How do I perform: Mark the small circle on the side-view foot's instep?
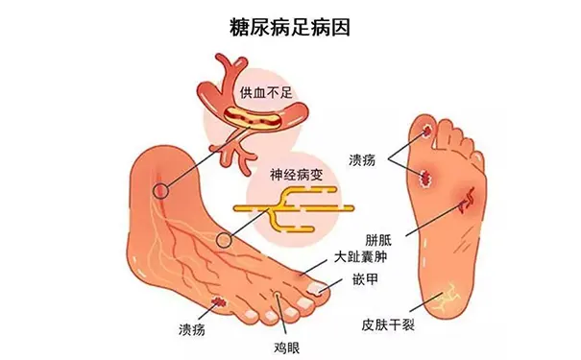coord(224,238)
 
